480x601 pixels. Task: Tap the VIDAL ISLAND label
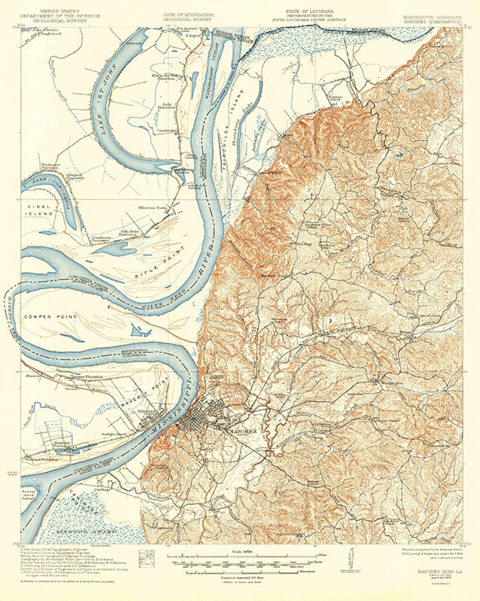(40, 211)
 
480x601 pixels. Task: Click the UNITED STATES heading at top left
(60, 10)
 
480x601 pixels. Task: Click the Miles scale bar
(249, 556)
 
